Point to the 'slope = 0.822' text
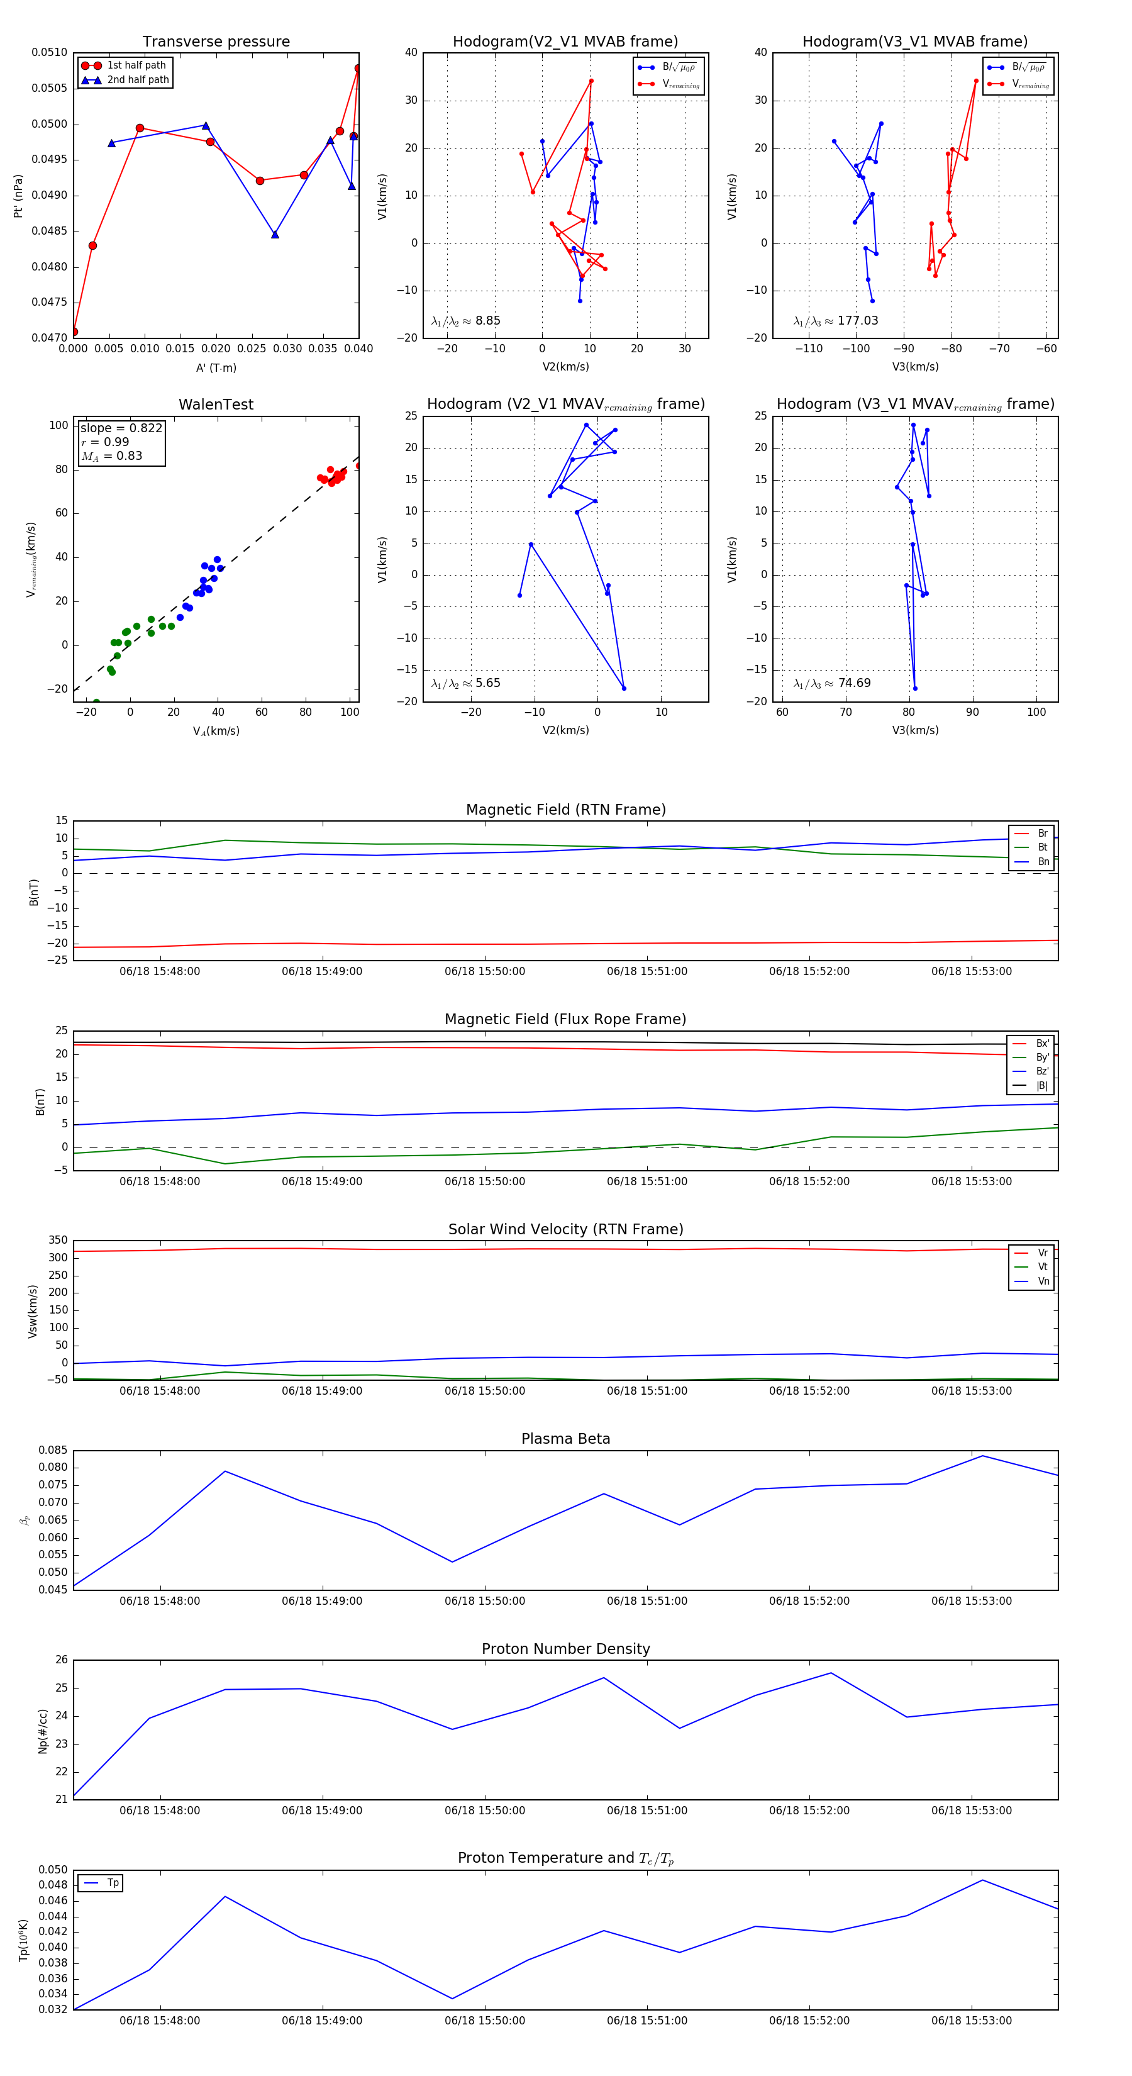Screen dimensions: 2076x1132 [121, 428]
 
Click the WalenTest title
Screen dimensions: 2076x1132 [216, 405]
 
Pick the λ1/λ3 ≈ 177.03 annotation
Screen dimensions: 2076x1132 [836, 321]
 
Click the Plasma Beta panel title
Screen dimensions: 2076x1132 [565, 1439]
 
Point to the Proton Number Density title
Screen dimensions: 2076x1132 [565, 1649]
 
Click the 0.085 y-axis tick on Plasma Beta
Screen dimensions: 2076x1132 [53, 1451]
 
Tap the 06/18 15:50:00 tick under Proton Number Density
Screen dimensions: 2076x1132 [484, 1810]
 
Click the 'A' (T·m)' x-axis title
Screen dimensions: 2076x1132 [216, 367]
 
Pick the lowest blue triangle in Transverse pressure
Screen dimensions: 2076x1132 [275, 235]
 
